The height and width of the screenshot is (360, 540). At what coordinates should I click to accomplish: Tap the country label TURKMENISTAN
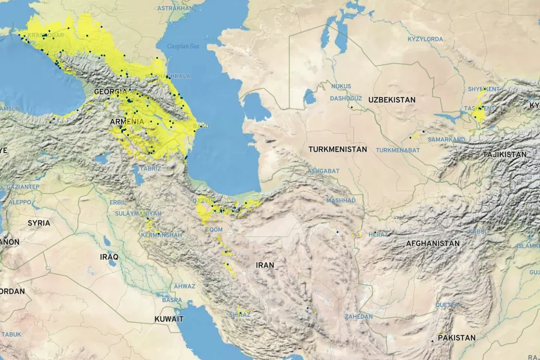pos(338,149)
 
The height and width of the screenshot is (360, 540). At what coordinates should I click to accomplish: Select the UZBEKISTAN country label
pos(392,100)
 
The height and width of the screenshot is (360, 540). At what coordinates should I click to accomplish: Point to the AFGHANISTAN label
pos(433,244)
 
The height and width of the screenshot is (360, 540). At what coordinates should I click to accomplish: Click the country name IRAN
pos(265,265)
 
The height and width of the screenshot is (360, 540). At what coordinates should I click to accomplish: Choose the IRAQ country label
pos(110,257)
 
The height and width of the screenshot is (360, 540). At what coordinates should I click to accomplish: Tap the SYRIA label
pos(39,223)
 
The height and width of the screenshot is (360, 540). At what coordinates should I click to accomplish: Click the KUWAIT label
pos(169,319)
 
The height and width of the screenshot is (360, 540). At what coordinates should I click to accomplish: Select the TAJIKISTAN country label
pos(505,155)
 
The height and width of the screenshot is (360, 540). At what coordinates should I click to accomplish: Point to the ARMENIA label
pos(127,122)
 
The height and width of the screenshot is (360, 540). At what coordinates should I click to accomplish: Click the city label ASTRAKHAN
pos(175,8)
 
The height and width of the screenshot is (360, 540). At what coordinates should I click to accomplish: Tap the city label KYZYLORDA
pos(425,39)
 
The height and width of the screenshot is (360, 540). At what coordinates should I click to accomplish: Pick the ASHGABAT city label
pos(323,171)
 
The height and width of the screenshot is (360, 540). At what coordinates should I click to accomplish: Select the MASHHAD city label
pos(341,200)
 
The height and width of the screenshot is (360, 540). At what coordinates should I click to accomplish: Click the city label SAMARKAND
pos(446,139)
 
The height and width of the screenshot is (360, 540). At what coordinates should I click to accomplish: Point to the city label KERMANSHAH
pos(161,235)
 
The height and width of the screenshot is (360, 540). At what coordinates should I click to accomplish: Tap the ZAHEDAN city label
pos(359,316)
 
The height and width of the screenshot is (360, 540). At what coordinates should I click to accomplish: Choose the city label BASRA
pos(172,300)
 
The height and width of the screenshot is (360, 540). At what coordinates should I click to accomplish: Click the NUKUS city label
pos(341,86)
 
